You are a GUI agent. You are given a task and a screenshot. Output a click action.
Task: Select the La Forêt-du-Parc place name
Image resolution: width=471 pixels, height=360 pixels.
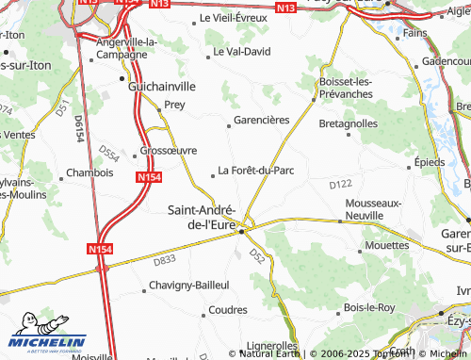pos(256,171)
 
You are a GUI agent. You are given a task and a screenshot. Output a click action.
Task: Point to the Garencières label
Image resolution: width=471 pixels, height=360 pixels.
pos(260,121)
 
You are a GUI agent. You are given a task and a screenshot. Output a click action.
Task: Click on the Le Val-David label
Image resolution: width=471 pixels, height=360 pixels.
pos(241,51)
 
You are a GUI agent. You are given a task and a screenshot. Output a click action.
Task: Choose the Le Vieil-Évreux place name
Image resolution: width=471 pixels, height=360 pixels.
pos(234,19)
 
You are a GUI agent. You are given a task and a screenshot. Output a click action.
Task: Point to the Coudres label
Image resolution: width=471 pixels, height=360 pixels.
pos(227,309)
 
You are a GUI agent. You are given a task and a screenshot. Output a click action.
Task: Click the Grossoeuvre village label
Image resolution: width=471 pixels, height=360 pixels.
pos(168,150)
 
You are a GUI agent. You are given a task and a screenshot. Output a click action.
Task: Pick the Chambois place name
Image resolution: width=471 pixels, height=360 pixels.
pos(89,173)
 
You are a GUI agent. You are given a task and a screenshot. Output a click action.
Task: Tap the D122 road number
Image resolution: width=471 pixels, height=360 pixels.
pos(340,184)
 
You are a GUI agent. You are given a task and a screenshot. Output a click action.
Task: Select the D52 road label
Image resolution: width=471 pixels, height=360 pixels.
pos(258,254)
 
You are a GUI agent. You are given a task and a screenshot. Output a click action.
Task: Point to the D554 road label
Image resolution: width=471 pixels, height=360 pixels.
pos(109,154)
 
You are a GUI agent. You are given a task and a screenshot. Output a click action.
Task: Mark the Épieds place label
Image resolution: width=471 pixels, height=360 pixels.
pos(429,161)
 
